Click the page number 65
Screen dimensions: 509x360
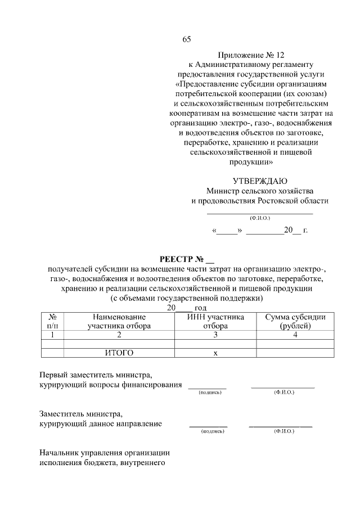coord(187,39)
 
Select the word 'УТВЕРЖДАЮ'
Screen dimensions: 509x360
coord(259,181)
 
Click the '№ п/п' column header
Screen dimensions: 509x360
coord(52,321)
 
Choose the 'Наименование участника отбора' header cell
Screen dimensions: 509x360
coord(119,321)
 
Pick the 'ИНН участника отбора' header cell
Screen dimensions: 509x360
coord(215,321)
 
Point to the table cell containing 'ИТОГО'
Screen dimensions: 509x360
coord(119,353)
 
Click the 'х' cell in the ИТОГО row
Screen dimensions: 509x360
coord(215,353)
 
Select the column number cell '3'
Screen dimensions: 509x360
coord(215,334)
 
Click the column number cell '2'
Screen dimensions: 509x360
coord(119,334)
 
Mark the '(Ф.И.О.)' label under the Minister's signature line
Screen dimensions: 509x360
coord(260,217)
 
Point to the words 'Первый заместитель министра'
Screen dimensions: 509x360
coord(96,375)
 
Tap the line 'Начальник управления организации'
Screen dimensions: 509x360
coord(105,453)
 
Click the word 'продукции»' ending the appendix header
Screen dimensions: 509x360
coord(251,161)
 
